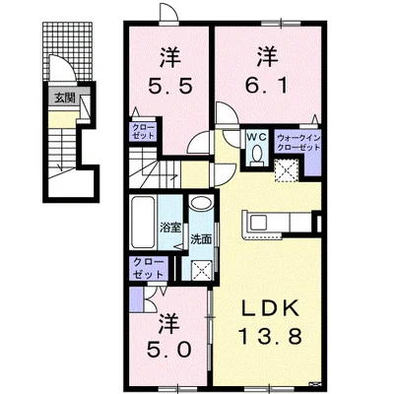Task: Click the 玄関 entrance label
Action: click(x=65, y=98)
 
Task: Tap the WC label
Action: click(x=258, y=137)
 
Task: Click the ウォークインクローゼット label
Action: click(x=298, y=142)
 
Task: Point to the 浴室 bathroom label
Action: click(x=170, y=228)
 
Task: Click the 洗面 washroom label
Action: click(x=201, y=239)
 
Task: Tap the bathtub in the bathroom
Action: click(x=143, y=223)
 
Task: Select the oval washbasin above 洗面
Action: click(x=201, y=203)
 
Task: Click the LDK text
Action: click(x=270, y=307)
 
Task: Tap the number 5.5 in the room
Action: click(x=169, y=87)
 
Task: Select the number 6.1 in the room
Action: click(x=267, y=87)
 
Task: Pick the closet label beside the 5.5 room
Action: click(x=143, y=131)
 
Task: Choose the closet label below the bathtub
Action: click(x=148, y=268)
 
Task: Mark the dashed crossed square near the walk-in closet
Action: click(x=287, y=170)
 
